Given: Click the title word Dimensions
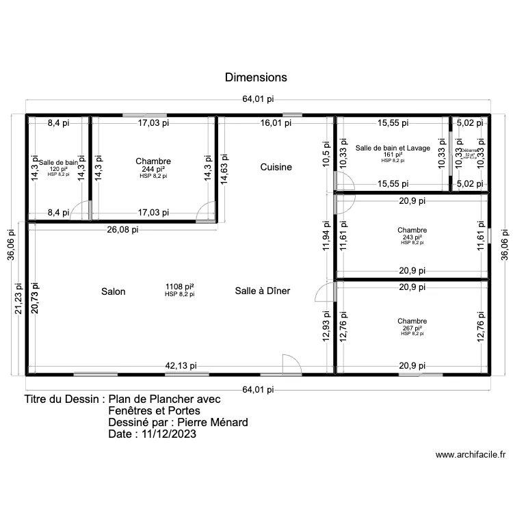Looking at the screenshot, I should point(256,77).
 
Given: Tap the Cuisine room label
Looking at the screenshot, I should point(276,167).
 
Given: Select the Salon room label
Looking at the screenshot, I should point(114,291).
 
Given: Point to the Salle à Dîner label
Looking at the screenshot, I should point(263,291).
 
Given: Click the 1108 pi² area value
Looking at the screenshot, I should point(179,287).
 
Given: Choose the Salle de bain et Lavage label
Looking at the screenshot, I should point(393,148).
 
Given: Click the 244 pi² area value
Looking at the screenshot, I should point(153,169).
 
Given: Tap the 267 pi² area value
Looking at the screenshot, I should point(412,328).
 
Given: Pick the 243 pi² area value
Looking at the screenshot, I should point(412,237).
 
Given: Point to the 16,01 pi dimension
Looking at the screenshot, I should point(276,123).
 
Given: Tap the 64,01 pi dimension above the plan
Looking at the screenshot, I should point(258,99).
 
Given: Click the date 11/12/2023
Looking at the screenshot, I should point(166,434).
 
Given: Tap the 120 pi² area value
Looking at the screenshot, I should point(58,169).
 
